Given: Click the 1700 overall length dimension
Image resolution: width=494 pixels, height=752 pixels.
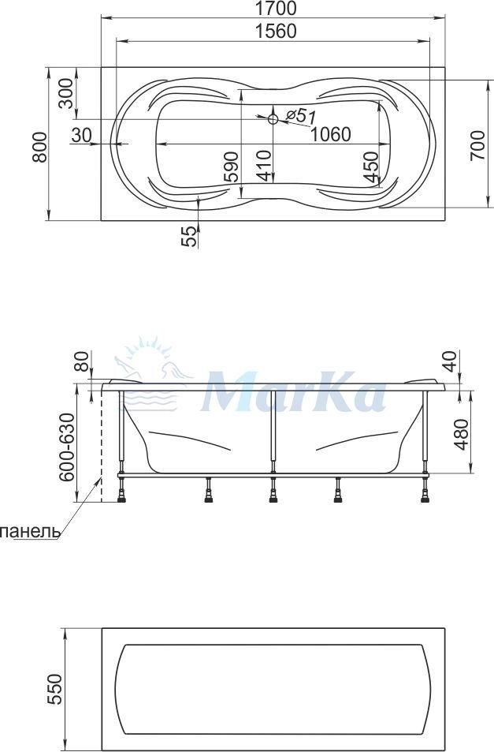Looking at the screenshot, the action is coord(275,8).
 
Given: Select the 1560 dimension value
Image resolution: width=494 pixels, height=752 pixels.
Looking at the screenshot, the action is coord(275,32).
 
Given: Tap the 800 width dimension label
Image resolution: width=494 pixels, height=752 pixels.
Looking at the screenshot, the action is coord(40,147).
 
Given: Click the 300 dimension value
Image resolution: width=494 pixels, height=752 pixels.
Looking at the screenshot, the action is coord(67,93).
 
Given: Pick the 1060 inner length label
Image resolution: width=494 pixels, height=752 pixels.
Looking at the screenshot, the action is coord(330,135).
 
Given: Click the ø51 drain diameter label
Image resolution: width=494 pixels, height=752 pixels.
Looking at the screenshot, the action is coord(300,115).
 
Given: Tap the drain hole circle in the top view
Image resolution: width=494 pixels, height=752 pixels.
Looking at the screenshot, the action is coord(273,119).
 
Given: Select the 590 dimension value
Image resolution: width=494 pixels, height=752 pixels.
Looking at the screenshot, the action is coord(231,166).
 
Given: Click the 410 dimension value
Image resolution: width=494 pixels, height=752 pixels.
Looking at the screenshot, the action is coord(264,166).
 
